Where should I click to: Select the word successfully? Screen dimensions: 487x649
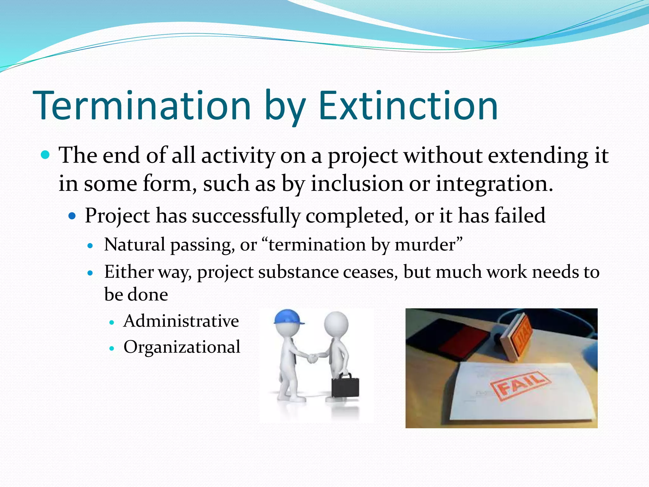[x=246, y=216]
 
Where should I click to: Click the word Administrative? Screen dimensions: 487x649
[x=181, y=321]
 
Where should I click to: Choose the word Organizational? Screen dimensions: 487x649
[x=182, y=347]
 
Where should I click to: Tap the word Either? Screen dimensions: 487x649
[x=129, y=272]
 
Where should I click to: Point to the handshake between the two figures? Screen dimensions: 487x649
[x=313, y=359]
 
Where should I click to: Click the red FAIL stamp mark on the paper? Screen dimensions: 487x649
[x=520, y=385]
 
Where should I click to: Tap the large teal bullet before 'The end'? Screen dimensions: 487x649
[x=46, y=155]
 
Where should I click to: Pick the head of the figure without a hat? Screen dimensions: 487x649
[x=336, y=323]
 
